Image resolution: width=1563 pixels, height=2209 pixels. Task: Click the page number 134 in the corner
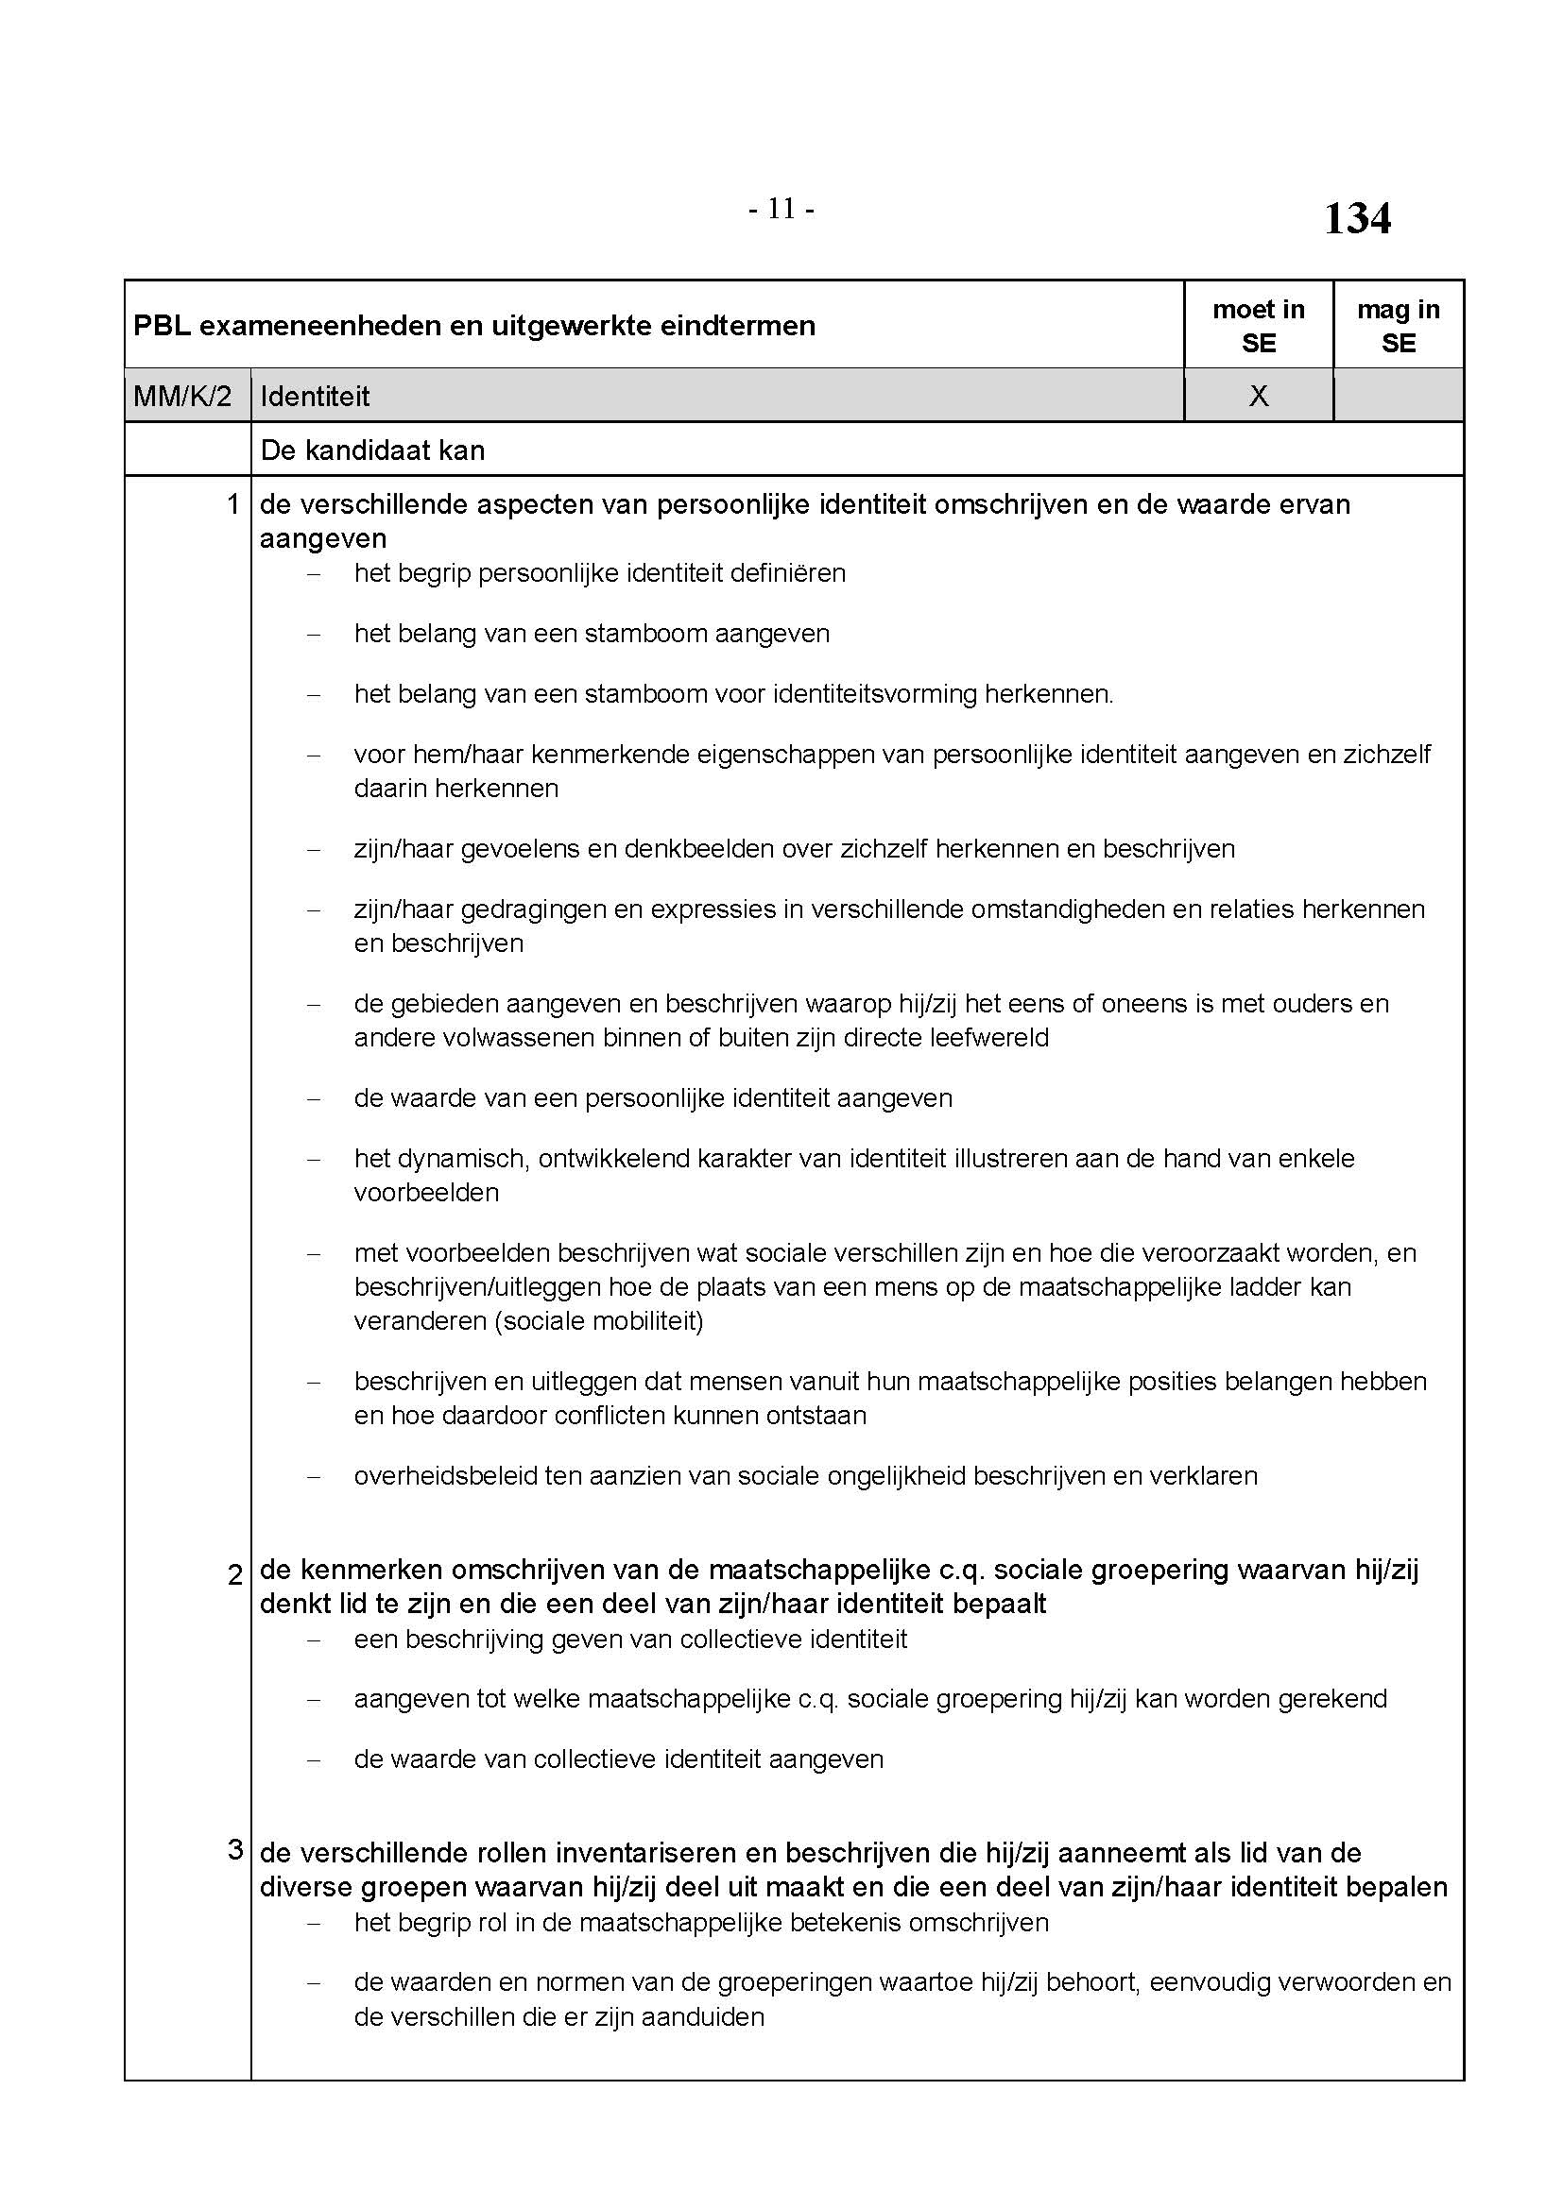click(x=1356, y=218)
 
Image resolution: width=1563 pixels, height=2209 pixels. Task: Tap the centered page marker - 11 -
click(x=781, y=209)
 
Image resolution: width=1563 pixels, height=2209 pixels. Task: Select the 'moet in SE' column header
click(x=1258, y=326)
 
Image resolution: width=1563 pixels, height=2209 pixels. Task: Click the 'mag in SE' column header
click(x=1398, y=326)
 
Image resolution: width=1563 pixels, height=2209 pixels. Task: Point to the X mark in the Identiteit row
click(x=1258, y=397)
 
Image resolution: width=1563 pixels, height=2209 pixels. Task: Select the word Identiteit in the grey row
click(x=315, y=397)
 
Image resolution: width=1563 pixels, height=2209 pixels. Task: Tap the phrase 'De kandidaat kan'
click(x=372, y=450)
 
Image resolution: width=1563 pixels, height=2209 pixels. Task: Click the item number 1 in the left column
click(x=232, y=504)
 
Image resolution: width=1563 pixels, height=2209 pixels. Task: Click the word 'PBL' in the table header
click(x=162, y=326)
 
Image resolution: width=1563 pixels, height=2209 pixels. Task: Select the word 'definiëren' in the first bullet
click(x=788, y=573)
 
